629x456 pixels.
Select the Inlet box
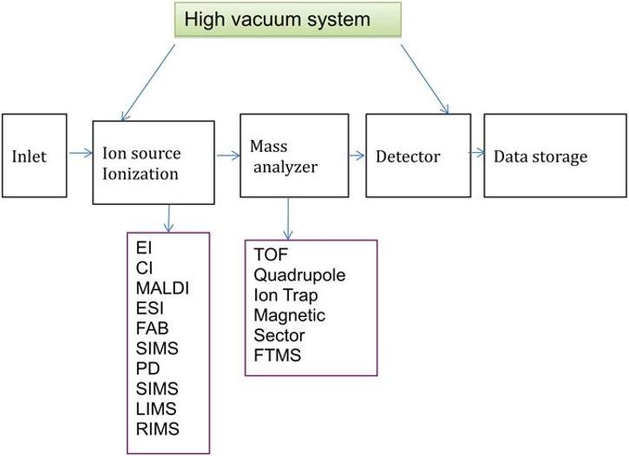(32, 157)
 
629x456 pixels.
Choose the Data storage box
(552, 157)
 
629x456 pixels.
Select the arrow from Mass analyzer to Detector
(354, 156)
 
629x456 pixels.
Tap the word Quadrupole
(299, 275)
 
